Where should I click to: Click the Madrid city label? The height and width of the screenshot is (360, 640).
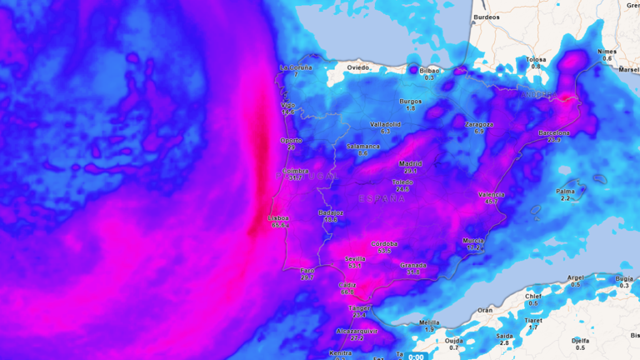tap(410, 163)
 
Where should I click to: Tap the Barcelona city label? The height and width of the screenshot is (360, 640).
tap(554, 132)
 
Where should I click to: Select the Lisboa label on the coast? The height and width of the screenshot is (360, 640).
tap(278, 218)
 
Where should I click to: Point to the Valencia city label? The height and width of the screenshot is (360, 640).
tap(492, 194)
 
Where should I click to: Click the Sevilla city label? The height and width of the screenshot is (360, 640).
tap(355, 258)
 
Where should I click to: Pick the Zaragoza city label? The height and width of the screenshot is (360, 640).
tap(479, 124)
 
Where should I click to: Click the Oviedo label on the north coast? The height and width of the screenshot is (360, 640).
tap(358, 67)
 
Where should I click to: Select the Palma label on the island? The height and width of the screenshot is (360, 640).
tap(565, 191)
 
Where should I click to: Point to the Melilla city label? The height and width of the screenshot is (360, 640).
tap(429, 322)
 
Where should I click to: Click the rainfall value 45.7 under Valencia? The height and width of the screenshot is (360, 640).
tap(492, 202)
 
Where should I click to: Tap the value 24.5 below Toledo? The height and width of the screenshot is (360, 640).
tap(402, 189)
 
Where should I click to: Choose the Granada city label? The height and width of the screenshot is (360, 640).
tap(413, 265)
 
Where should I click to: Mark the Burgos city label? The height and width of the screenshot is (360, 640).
tap(410, 101)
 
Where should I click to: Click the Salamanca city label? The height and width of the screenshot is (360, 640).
tap(362, 146)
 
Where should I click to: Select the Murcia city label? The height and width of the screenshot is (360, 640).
tap(473, 240)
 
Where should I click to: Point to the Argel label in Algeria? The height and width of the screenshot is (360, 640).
tap(575, 277)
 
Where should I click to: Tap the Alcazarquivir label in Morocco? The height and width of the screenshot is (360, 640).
tap(357, 331)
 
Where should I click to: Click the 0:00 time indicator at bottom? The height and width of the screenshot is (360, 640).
tap(416, 357)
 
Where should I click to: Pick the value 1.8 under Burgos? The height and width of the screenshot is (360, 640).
tap(410, 108)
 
